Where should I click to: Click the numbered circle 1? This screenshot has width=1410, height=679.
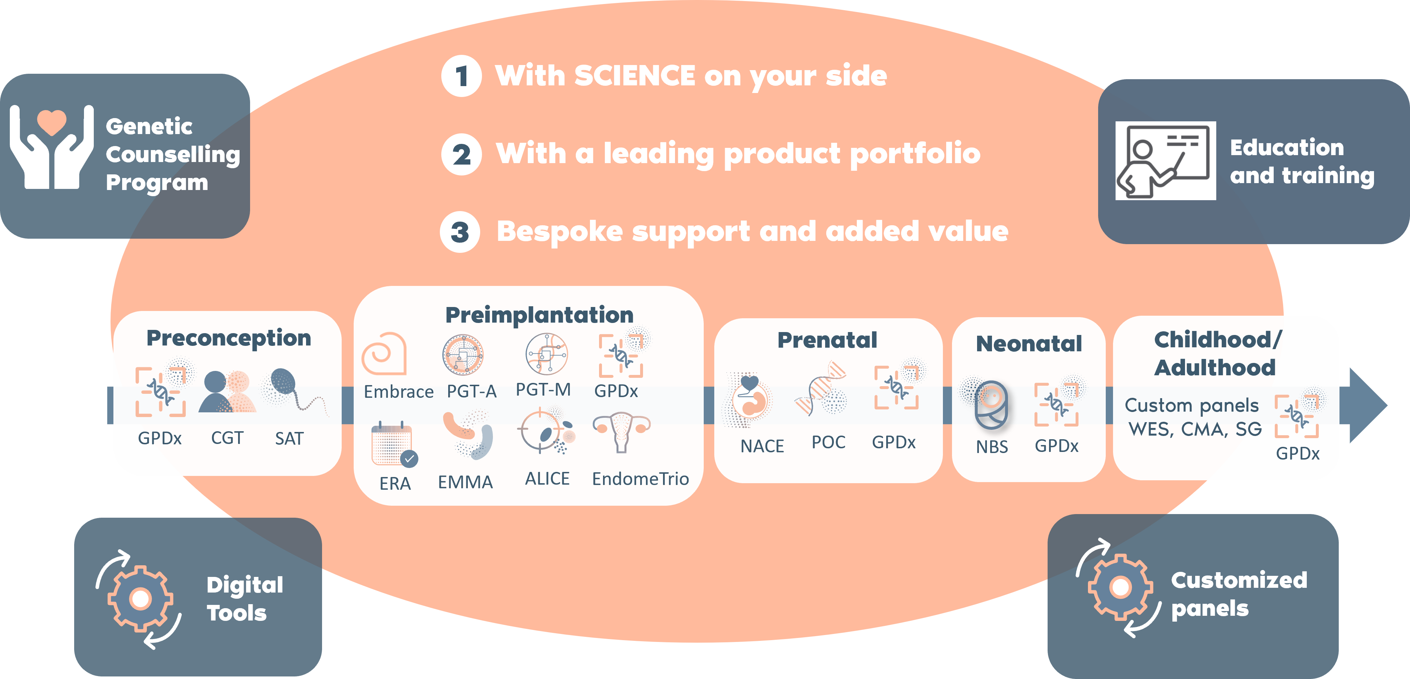pos(461,76)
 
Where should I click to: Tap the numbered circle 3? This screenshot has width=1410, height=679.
pos(460,232)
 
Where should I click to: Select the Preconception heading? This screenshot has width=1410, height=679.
pos(229,339)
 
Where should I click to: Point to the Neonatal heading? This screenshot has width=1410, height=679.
pos(1029,344)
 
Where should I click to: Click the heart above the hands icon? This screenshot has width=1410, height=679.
pos(52,121)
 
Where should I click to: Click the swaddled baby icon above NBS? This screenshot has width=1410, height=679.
pos(991,405)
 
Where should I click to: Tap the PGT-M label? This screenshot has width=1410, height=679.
pos(543,389)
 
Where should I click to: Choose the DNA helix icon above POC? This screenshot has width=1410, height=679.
pos(821,388)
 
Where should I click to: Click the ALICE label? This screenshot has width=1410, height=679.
pos(547,479)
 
